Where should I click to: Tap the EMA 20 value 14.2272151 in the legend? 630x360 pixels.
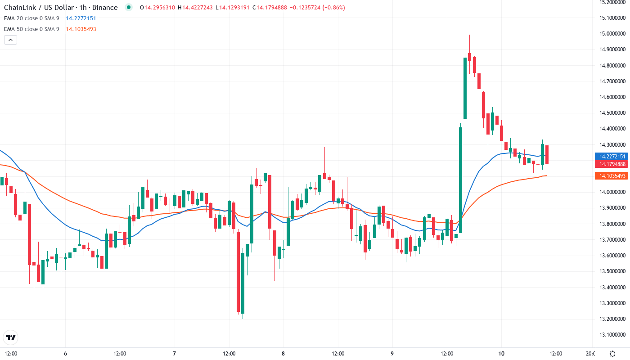[81, 18]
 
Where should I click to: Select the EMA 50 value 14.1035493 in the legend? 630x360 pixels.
[81, 29]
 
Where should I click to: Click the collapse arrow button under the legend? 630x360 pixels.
[10, 40]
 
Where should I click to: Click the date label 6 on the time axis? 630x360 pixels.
[66, 353]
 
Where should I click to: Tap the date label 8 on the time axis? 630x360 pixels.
[283, 353]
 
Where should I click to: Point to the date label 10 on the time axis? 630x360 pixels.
[501, 353]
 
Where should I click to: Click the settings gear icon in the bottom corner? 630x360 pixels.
[613, 353]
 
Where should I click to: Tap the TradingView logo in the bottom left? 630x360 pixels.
[11, 337]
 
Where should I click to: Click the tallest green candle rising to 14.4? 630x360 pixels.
[460, 180]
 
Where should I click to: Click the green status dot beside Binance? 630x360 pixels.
[129, 8]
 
